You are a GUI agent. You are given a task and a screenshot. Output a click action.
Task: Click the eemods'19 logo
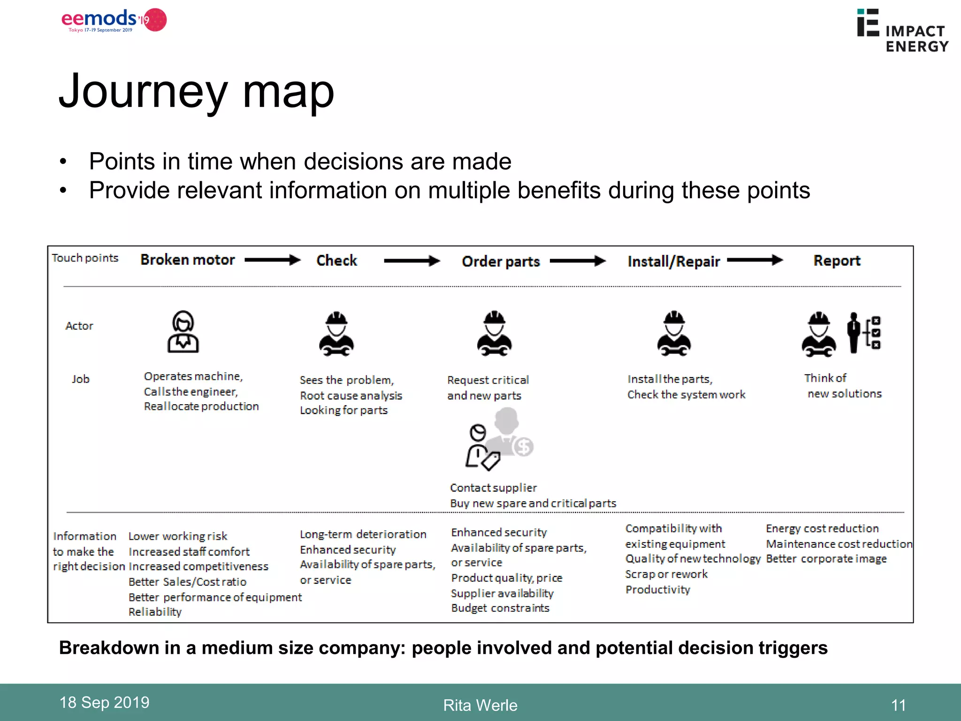click(x=114, y=20)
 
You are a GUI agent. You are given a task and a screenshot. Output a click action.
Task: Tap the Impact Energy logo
click(x=902, y=31)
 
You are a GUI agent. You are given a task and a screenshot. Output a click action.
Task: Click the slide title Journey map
click(x=196, y=91)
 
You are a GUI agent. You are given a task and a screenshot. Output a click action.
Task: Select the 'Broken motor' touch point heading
click(x=187, y=260)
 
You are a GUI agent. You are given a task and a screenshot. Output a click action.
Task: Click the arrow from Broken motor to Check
click(x=273, y=260)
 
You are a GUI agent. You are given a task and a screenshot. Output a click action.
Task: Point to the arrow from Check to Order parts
click(x=412, y=261)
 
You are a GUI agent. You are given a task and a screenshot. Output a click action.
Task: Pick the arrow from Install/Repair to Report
click(x=755, y=260)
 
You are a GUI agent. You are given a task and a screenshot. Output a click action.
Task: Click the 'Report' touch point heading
click(x=837, y=261)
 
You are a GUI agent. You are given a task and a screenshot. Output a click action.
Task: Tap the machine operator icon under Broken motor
click(x=183, y=331)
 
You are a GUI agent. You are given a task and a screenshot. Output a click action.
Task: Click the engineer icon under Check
click(x=336, y=334)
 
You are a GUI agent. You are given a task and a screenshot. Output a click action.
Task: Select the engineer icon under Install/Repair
click(x=674, y=334)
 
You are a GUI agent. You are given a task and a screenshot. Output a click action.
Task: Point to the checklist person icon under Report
click(x=864, y=333)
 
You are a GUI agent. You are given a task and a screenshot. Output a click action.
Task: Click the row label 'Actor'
click(x=79, y=326)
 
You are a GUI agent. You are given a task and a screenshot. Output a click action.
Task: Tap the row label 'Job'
click(x=81, y=379)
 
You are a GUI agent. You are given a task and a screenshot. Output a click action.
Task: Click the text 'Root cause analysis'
click(x=351, y=396)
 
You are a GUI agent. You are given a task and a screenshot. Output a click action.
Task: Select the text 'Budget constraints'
click(x=500, y=608)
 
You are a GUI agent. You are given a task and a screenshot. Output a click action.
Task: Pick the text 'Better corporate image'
click(x=826, y=559)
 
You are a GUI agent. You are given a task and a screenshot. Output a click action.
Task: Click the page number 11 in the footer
click(x=898, y=705)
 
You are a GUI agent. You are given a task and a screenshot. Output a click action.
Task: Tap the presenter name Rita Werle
click(x=480, y=705)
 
